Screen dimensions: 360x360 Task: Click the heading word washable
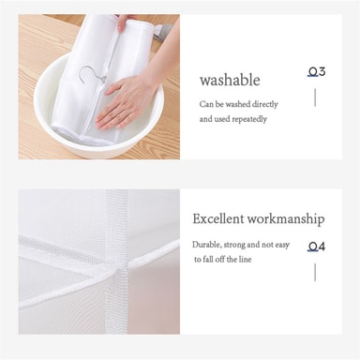(x=230, y=81)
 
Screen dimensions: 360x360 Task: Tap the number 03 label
(x=316, y=72)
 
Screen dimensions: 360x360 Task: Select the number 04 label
(x=316, y=247)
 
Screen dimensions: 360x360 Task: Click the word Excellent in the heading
(x=217, y=218)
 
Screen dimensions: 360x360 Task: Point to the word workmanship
(x=286, y=219)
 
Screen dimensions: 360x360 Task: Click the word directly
(x=264, y=104)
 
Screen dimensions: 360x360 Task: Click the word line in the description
(x=246, y=260)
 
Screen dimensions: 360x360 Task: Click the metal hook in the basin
(x=91, y=77)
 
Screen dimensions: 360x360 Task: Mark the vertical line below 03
(x=315, y=97)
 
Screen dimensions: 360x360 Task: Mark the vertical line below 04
(x=315, y=272)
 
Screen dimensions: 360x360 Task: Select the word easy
(x=282, y=246)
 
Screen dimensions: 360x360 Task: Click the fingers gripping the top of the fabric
(x=124, y=23)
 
